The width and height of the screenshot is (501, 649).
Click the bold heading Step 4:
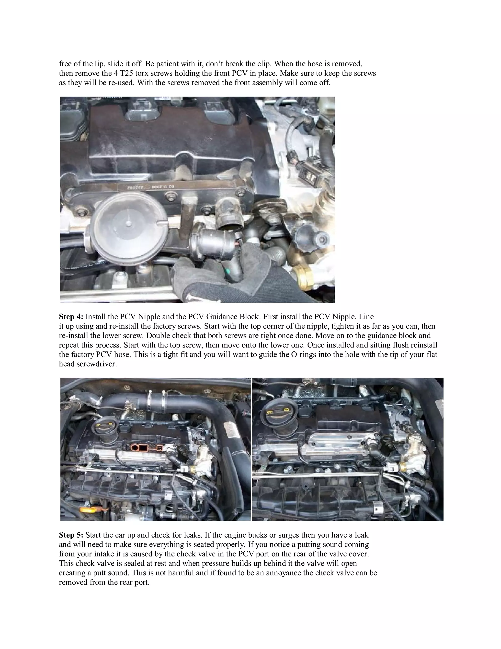pyautogui.click(x=71, y=317)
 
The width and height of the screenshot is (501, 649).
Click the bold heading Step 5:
pyautogui.click(x=71, y=535)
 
